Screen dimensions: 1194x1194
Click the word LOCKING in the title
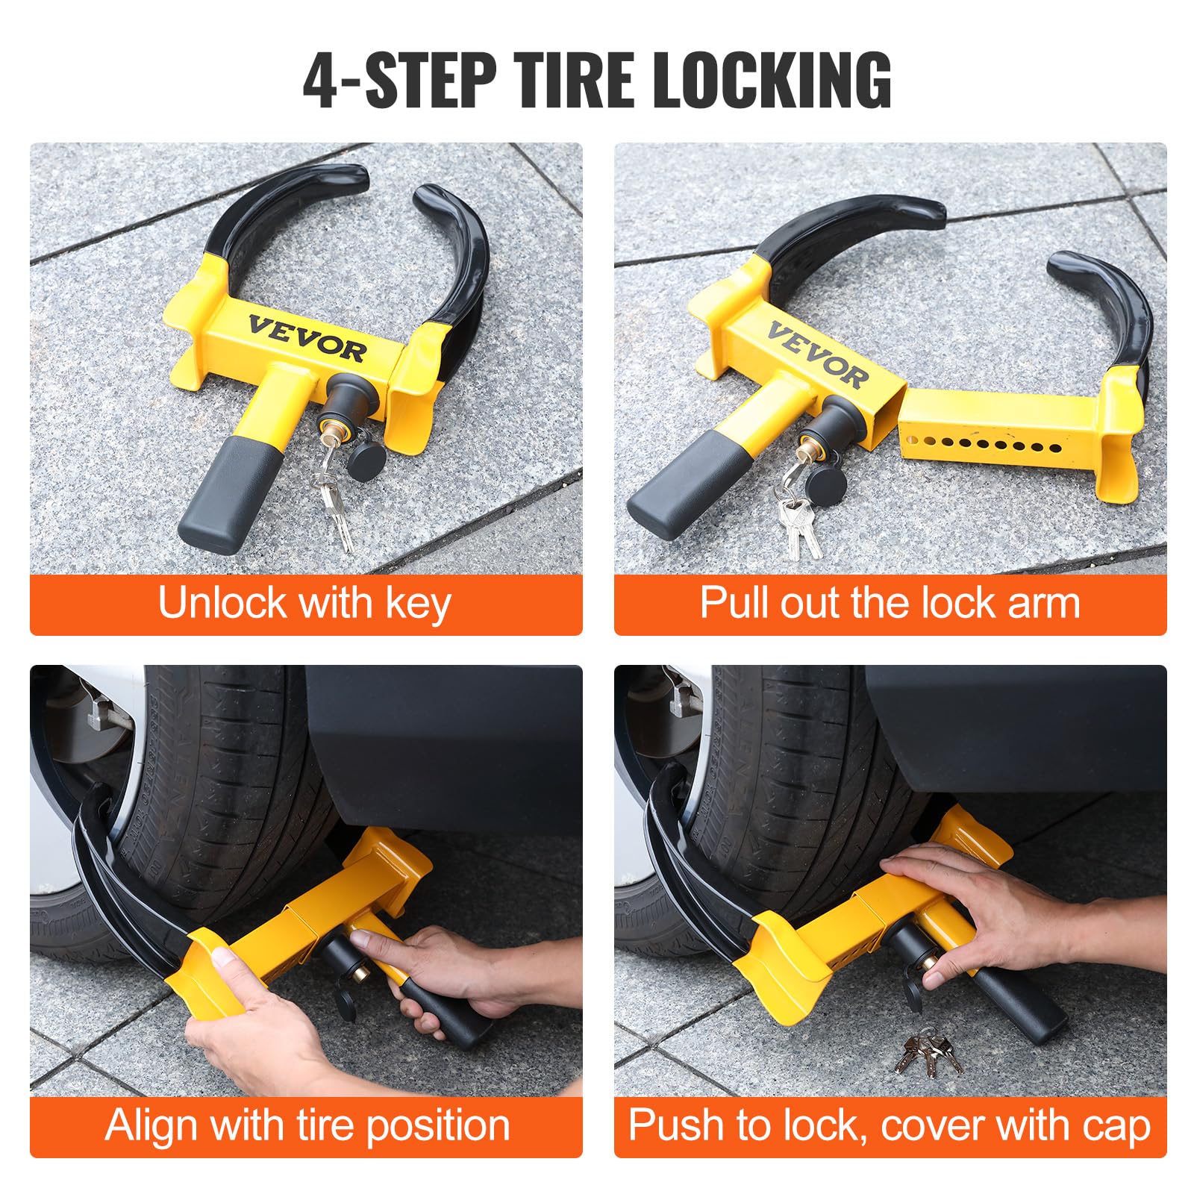[x=772, y=81]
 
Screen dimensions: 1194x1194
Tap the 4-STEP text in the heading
[x=399, y=81]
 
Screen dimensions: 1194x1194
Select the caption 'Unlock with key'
[x=304, y=604]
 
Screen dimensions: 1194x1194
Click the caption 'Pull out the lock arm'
[x=890, y=604]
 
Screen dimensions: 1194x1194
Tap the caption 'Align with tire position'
[x=307, y=1125]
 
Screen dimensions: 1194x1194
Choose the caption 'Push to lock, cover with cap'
[x=890, y=1125]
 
